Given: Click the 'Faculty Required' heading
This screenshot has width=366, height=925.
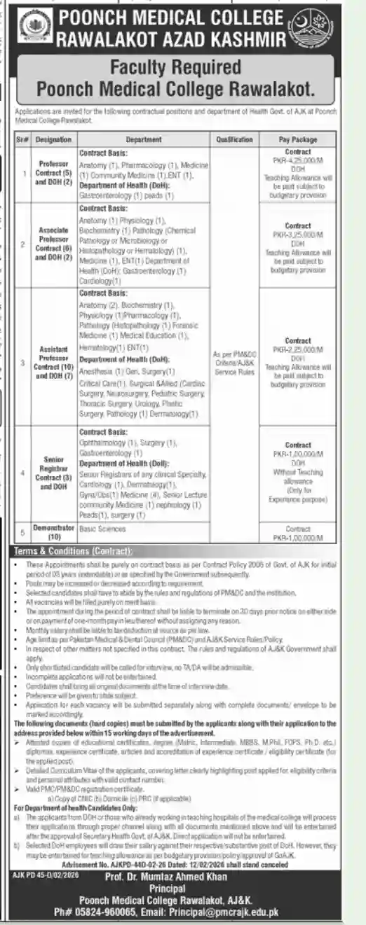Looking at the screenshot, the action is [x=182, y=69].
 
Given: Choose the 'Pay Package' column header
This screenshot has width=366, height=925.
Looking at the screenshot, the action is [x=298, y=139].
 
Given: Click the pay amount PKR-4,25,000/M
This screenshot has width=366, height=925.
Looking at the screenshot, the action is [x=298, y=159].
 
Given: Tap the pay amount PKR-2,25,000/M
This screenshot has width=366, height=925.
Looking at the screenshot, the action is [x=298, y=349].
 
